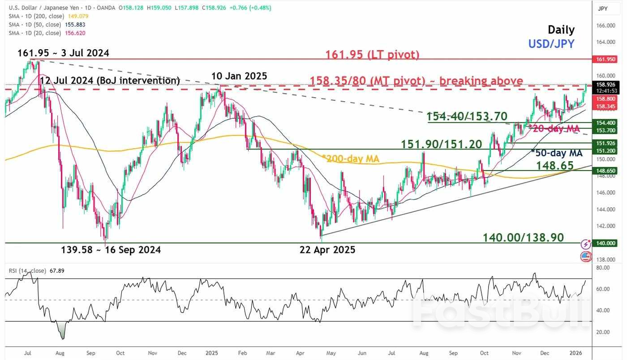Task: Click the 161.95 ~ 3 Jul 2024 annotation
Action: [63, 53]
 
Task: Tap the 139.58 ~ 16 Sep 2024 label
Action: [111, 250]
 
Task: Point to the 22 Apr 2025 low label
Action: [327, 250]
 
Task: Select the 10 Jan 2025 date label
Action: [239, 76]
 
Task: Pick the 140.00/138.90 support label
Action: [523, 237]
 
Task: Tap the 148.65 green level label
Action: [555, 166]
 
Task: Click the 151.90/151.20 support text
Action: [441, 144]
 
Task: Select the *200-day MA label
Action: [350, 159]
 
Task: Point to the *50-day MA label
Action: [557, 153]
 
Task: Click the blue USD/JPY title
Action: [551, 43]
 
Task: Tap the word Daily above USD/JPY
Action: [561, 30]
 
